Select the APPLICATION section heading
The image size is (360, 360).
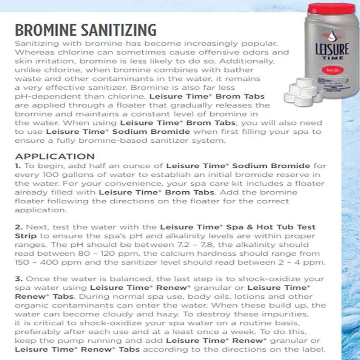55,157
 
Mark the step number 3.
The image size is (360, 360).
19,279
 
